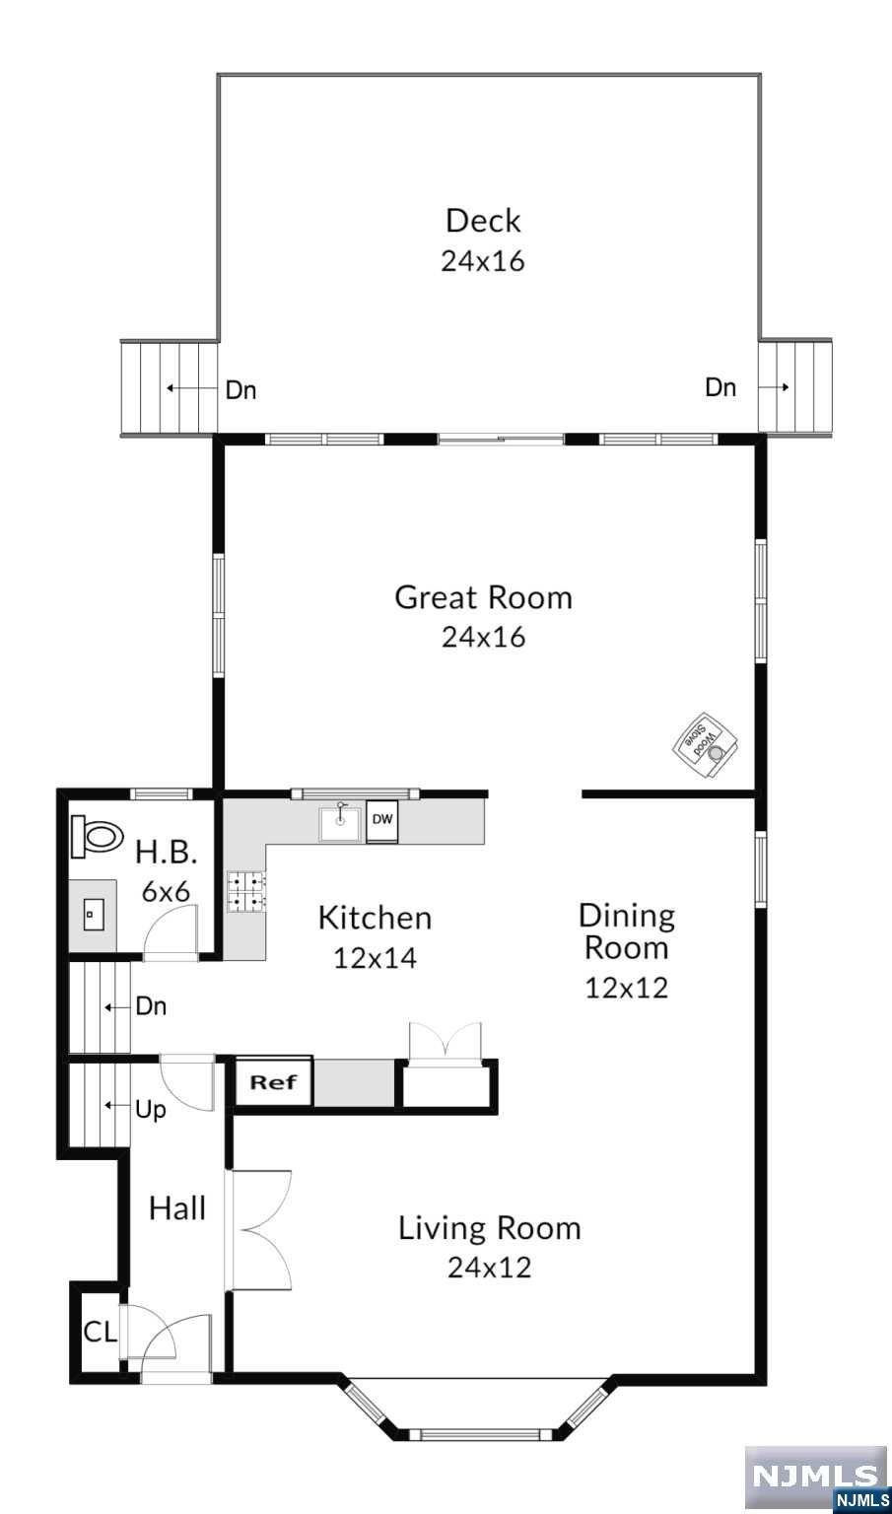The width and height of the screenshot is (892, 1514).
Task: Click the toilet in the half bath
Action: (97, 837)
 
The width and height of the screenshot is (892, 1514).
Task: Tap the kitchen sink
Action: (340, 822)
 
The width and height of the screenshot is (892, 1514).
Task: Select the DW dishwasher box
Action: (382, 821)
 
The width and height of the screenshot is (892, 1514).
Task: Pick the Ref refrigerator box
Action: (274, 1082)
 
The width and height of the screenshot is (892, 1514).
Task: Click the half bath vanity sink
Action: (93, 915)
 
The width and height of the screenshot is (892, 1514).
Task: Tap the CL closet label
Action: (100, 1332)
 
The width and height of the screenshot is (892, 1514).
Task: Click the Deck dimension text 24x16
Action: (483, 261)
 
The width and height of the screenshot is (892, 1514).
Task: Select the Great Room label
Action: (483, 597)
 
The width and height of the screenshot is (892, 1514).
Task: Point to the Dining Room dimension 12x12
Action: (627, 988)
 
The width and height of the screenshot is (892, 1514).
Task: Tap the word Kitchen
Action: (376, 918)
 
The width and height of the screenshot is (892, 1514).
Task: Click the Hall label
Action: (177, 1207)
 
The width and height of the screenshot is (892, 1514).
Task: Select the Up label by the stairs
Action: (151, 1110)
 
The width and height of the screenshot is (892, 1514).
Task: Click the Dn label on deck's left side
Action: (240, 390)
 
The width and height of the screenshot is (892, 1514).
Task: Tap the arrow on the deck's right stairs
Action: (774, 387)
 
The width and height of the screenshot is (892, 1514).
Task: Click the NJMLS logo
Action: (817, 1476)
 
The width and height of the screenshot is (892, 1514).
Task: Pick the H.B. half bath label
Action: (167, 853)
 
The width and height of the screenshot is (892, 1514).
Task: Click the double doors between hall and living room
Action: (261, 1229)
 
